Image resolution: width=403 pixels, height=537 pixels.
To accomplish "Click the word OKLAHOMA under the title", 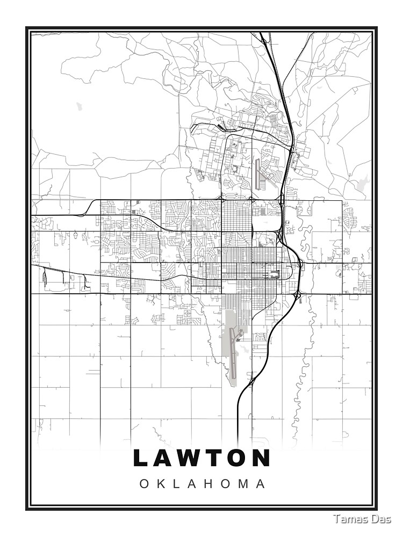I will pyautogui.click(x=203, y=484).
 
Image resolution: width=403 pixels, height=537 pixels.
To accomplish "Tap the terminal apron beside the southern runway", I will pyautogui.click(x=240, y=335).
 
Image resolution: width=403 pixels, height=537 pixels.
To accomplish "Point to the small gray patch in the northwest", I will pyautogui.click(x=79, y=106).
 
